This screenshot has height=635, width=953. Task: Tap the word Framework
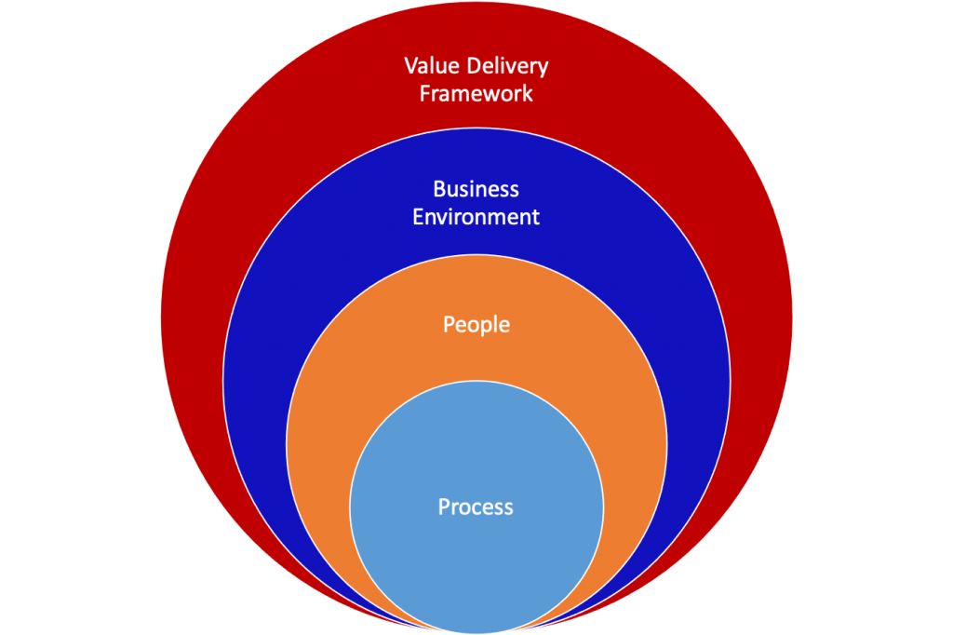click(x=476, y=94)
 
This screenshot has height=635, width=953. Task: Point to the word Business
click(x=476, y=189)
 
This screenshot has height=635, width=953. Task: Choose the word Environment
click(x=476, y=217)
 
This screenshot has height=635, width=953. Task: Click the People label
click(x=476, y=325)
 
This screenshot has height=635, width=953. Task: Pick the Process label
click(x=476, y=507)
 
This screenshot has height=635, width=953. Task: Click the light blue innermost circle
click(x=476, y=559)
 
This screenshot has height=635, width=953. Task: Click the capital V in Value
click(x=410, y=66)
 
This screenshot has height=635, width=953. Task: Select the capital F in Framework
click(x=424, y=94)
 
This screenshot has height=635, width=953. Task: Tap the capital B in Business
click(x=438, y=189)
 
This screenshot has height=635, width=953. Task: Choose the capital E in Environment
click(x=418, y=217)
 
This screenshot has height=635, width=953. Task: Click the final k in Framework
click(x=529, y=94)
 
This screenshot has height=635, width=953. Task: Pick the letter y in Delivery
click(x=544, y=69)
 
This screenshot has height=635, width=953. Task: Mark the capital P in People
click(x=449, y=325)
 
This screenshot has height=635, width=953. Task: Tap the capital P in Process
click(x=444, y=507)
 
